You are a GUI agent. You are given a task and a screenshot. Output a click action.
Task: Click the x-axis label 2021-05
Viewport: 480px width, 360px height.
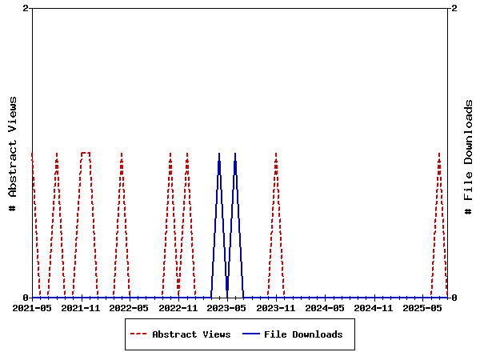tap(32, 307)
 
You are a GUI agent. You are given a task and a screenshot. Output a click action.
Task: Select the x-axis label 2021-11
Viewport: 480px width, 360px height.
tap(81, 307)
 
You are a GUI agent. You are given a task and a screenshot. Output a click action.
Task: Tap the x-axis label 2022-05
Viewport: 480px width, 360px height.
tap(130, 307)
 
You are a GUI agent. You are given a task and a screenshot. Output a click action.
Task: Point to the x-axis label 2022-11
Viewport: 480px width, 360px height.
tap(178, 307)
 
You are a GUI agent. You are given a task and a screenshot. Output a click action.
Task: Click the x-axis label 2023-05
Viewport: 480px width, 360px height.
tap(227, 307)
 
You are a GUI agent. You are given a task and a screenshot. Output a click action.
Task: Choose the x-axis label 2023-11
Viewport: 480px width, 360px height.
tap(276, 307)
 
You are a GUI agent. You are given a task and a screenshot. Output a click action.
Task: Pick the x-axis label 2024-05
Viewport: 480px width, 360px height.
tap(325, 307)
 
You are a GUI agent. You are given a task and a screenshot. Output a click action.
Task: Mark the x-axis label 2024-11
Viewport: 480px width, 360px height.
tap(374, 307)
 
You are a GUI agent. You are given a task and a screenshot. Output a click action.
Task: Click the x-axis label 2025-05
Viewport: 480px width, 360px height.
tap(422, 307)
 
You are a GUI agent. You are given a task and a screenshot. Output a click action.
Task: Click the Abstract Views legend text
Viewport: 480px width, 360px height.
tap(191, 334)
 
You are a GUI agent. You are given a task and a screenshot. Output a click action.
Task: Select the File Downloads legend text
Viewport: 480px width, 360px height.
tap(303, 334)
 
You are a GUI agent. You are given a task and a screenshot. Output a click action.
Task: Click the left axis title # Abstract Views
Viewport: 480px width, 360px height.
tap(13, 153)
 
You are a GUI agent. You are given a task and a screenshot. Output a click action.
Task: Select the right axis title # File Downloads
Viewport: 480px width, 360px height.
tap(469, 156)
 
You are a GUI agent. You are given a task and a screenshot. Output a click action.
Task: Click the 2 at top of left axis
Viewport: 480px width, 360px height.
tap(26, 8)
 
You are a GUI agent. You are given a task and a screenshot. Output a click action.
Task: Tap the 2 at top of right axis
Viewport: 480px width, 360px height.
tap(454, 8)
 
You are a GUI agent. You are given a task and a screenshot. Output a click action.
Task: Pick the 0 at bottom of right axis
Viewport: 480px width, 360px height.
tap(454, 298)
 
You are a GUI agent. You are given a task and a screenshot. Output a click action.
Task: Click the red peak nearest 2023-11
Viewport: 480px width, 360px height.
tap(276, 154)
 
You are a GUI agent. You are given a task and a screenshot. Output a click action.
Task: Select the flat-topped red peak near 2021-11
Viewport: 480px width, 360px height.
tap(86, 153)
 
